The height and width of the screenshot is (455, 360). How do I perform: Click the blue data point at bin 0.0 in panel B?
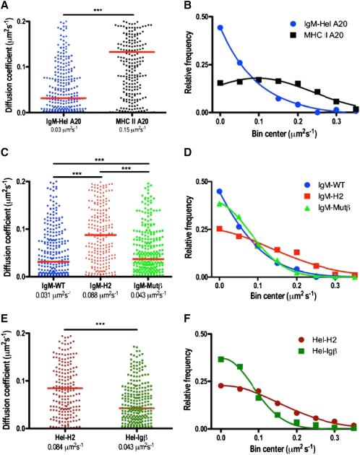[220, 27]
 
